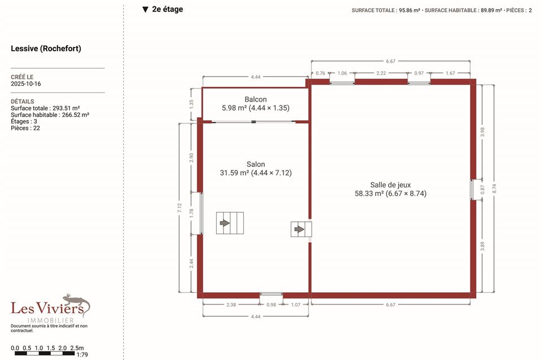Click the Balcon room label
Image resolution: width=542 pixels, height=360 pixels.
(255, 99)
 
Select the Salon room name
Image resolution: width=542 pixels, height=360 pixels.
(256, 164)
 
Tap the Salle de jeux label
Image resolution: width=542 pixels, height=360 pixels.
(391, 185)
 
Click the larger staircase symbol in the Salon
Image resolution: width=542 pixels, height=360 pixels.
(230, 223)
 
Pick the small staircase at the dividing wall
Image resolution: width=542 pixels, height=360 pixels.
(301, 229)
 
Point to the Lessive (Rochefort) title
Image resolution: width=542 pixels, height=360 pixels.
(46, 49)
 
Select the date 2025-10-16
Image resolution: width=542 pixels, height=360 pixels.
(26, 84)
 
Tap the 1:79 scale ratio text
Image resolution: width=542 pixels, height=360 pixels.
(82, 354)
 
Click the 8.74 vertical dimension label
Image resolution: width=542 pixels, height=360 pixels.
(495, 188)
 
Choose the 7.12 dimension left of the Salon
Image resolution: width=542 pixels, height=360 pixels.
(180, 208)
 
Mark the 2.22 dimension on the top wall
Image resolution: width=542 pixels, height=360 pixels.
(381, 73)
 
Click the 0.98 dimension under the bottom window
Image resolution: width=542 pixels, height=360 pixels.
(272, 305)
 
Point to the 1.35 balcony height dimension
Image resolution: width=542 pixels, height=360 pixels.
(191, 104)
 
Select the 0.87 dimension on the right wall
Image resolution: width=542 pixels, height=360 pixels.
(483, 190)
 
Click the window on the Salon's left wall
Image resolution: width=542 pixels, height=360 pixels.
(201, 213)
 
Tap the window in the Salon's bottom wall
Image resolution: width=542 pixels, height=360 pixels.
(272, 295)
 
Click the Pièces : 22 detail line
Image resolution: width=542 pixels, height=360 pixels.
(25, 128)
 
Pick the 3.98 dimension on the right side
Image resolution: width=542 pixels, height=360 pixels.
(483, 131)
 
